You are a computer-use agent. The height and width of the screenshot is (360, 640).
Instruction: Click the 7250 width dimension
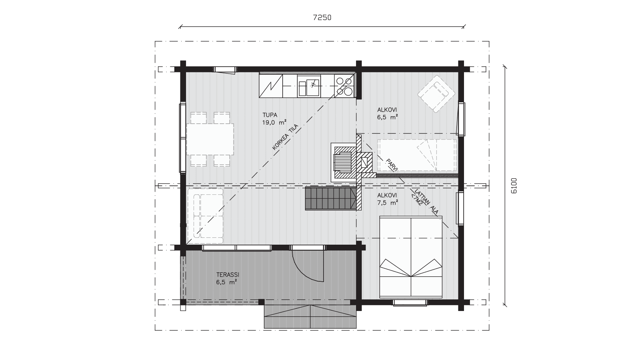coord(322,18)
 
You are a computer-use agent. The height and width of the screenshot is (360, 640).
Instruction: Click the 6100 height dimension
coord(514,186)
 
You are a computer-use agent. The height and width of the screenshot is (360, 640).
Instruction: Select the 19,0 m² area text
coord(274,122)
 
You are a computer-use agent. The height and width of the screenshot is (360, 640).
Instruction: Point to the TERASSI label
coord(228,275)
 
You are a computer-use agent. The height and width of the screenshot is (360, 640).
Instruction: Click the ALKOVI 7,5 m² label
coord(387,199)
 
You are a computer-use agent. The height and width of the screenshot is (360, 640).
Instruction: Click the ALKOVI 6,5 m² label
coord(387,113)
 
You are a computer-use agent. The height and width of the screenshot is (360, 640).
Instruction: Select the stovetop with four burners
coord(344,86)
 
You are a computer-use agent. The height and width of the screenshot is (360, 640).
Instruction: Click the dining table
coord(210,139)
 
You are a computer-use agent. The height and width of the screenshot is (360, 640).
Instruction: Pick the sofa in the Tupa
coord(205,216)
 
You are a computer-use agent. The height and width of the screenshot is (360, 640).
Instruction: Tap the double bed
coord(411,257)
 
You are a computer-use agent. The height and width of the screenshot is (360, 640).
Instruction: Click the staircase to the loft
coord(330,199)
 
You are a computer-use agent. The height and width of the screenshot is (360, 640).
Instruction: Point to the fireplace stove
coord(343,162)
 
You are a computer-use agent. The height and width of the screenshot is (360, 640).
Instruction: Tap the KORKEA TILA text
coord(285,137)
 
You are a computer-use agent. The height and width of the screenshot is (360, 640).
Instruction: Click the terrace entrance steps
coord(310,317)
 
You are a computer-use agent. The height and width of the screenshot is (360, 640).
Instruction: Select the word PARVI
coord(392,165)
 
